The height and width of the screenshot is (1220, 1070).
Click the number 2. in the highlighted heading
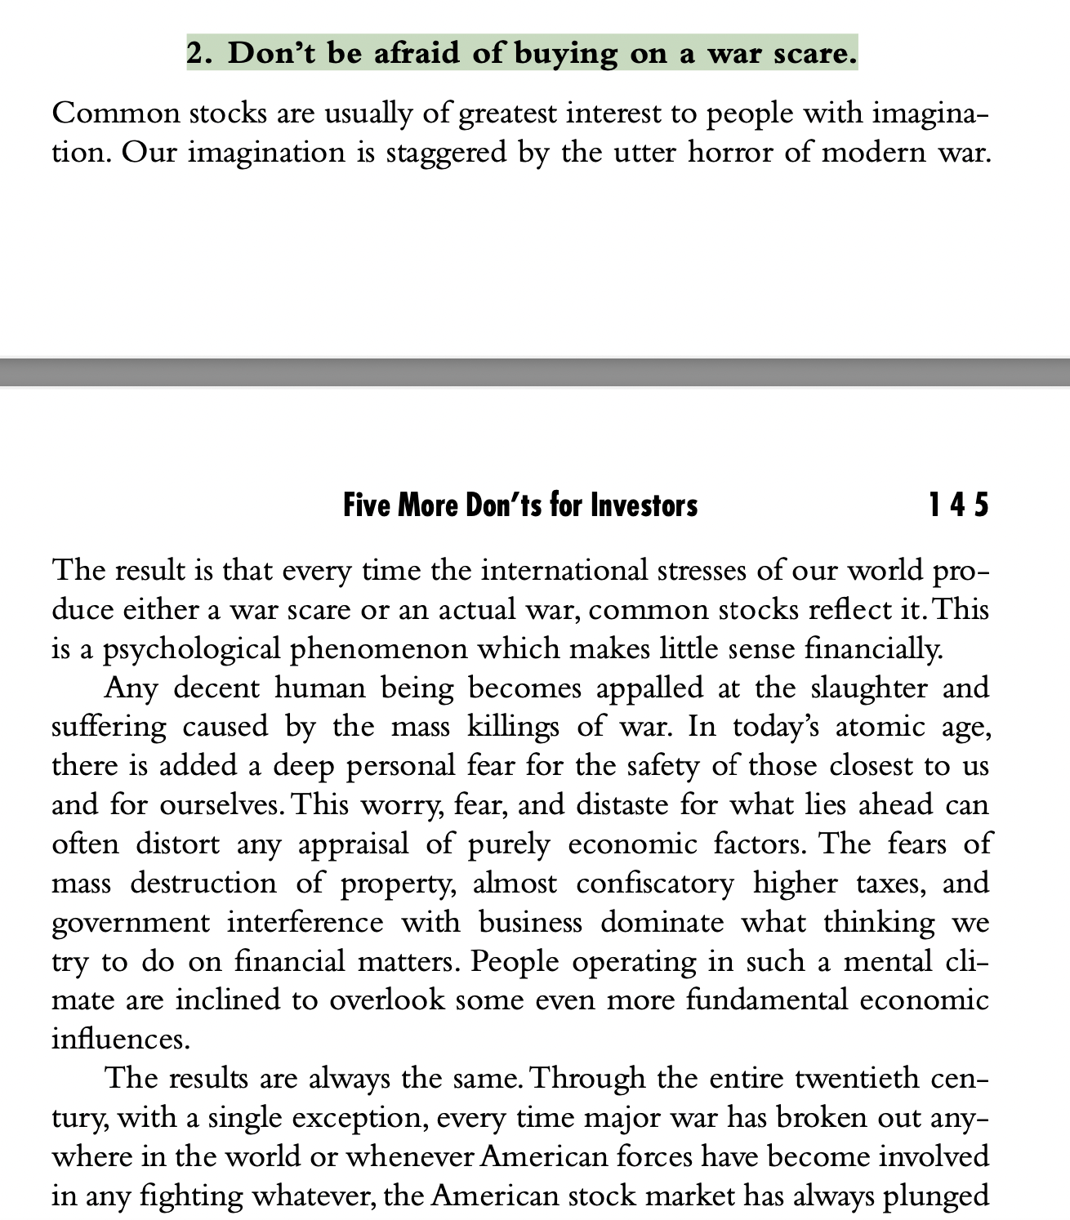[x=201, y=54]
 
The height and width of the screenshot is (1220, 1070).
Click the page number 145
[x=958, y=505]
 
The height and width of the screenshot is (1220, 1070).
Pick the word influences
[x=120, y=1040]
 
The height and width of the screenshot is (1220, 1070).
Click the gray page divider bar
[x=535, y=372]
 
